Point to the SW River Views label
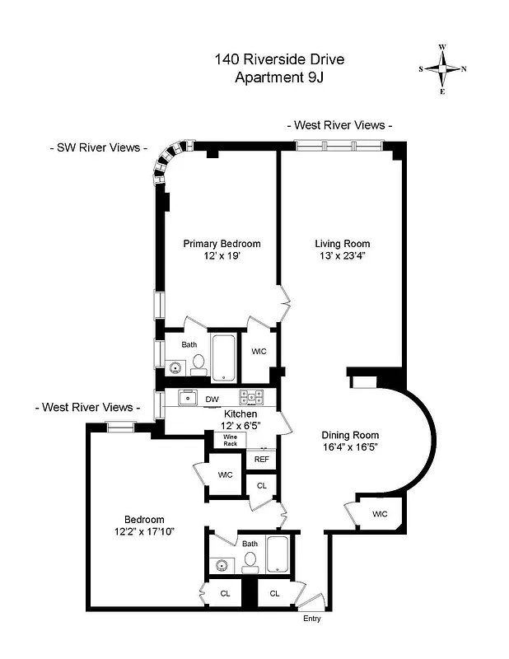coord(98,148)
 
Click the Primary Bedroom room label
coord(222,244)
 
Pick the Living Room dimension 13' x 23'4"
coord(342,256)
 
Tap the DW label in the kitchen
coord(212,399)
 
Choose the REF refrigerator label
coord(261,460)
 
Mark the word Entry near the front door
coord(312,619)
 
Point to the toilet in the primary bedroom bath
coord(198,363)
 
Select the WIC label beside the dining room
coord(379,514)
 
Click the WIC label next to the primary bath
coord(259,352)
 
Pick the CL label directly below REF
coord(261,486)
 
